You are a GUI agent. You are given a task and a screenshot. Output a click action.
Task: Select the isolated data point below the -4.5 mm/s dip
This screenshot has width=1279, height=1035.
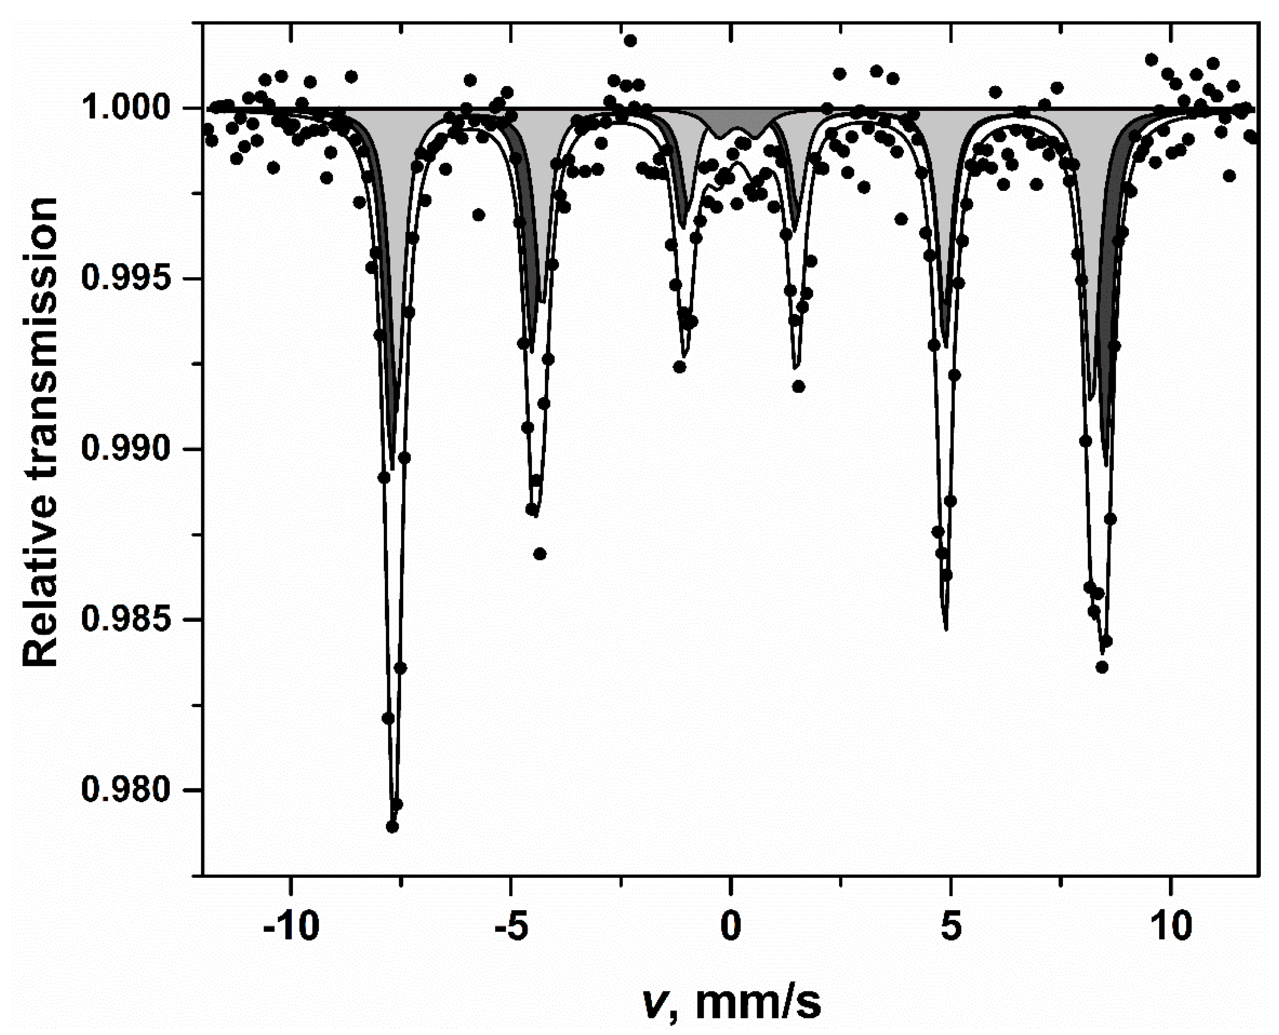[540, 554]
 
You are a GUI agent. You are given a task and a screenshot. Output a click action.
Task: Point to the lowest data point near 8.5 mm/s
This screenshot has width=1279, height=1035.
[1102, 666]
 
